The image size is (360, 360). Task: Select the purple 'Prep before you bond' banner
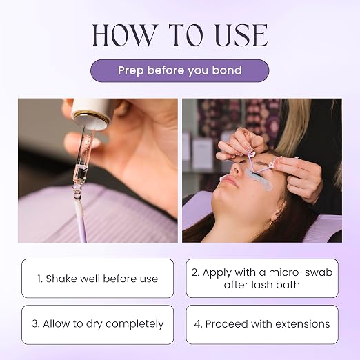(180, 70)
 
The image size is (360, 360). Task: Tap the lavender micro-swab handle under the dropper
(81, 221)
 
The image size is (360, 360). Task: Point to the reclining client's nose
(236, 169)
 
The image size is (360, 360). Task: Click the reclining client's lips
(227, 181)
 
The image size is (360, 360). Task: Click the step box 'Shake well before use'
(97, 278)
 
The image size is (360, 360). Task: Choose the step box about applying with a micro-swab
(262, 278)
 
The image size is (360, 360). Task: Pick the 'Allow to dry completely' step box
(97, 325)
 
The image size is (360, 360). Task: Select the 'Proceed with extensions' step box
(262, 325)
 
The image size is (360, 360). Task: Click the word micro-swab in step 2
(301, 272)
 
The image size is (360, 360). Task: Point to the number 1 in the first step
(39, 279)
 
